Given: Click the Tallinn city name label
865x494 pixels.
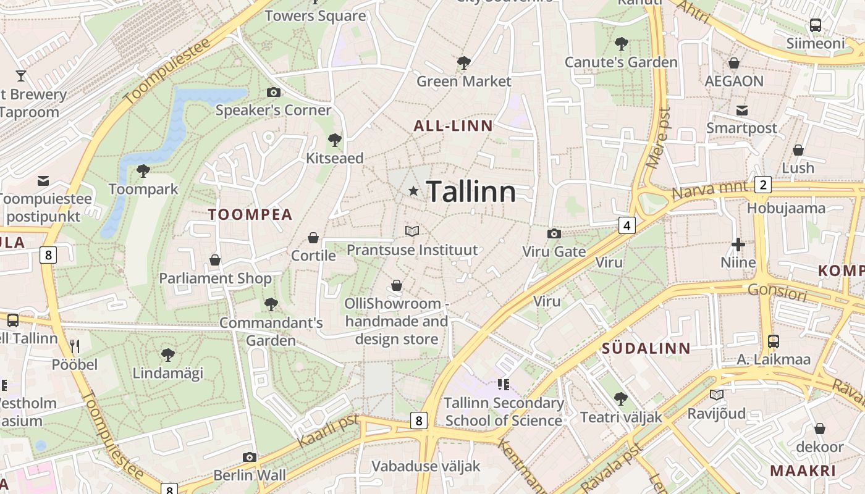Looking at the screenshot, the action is click(471, 191).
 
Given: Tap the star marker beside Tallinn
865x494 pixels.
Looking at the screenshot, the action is click(413, 191).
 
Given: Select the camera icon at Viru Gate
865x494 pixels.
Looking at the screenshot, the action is click(554, 233).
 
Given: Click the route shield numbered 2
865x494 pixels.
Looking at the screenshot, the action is click(763, 185).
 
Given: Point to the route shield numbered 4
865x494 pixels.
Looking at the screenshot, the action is click(627, 225).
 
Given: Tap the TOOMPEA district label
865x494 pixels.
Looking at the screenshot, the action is click(250, 215).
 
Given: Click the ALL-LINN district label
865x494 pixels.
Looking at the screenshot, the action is click(453, 127).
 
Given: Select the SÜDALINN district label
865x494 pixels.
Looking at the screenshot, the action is click(646, 348).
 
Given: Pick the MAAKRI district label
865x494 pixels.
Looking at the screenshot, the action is click(803, 471).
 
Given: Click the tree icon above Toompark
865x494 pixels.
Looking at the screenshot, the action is click(143, 170).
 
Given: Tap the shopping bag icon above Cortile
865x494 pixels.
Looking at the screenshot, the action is click(313, 238).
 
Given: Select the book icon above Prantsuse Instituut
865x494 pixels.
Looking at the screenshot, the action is click(412, 231).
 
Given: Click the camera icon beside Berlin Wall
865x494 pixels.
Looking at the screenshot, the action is click(250, 458).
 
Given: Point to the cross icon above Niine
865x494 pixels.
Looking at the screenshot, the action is click(738, 245).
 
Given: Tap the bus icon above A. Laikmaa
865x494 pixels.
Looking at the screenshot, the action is click(773, 341).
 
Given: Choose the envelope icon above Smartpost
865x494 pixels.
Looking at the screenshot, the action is click(741, 111).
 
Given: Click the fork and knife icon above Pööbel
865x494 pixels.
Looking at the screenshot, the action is click(74, 346).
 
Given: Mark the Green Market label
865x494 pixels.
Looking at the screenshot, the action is click(463, 82).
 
